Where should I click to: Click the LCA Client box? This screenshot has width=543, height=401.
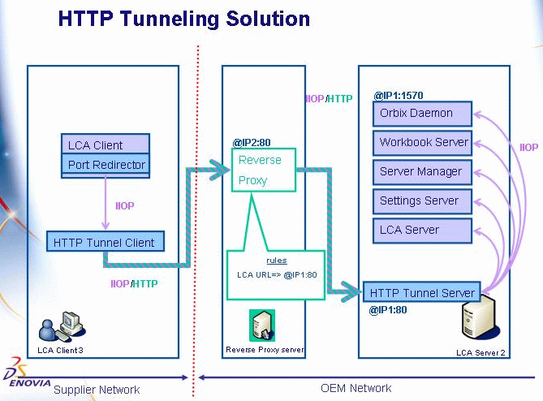pyautogui.click(x=106, y=144)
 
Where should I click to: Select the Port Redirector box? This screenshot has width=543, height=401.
pyautogui.click(x=106, y=165)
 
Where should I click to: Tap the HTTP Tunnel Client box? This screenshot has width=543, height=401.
pyautogui.click(x=106, y=241)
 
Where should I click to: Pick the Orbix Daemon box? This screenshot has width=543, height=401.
pyautogui.click(x=422, y=113)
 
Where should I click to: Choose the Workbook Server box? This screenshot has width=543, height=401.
pyautogui.click(x=422, y=142)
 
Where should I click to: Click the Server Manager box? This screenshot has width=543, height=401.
pyautogui.click(x=422, y=171)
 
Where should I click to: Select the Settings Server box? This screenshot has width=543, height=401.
pyautogui.click(x=422, y=200)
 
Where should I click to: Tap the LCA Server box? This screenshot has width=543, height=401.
pyautogui.click(x=422, y=230)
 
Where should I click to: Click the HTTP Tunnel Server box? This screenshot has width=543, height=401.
pyautogui.click(x=421, y=292)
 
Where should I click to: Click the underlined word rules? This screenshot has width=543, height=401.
pyautogui.click(x=276, y=261)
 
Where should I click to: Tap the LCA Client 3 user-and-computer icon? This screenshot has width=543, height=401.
pyautogui.click(x=62, y=328)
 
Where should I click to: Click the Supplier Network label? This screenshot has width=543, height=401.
pyautogui.click(x=97, y=389)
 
